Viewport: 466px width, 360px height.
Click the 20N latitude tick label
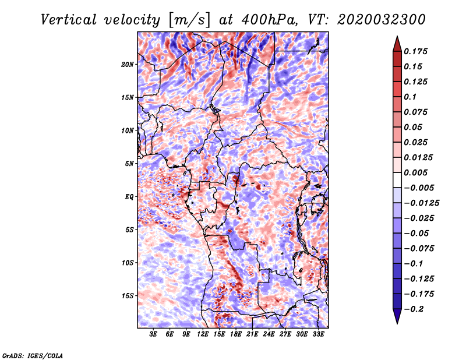click(128, 64)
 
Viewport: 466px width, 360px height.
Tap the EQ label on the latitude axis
click(129, 197)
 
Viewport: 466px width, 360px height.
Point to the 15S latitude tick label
click(128, 296)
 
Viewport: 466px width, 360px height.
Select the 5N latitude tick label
click(129, 164)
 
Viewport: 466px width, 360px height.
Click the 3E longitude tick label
click(153, 334)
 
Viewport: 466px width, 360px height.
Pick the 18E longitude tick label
click(236, 334)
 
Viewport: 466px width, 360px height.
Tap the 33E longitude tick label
click(318, 334)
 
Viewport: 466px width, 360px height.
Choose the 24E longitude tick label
click(269, 334)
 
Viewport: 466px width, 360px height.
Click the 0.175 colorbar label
click(415, 51)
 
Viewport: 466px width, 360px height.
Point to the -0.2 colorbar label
click(414, 309)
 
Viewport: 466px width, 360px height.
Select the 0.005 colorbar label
click(415, 172)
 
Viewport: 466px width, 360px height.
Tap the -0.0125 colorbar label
click(421, 203)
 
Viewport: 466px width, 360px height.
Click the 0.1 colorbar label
click(410, 97)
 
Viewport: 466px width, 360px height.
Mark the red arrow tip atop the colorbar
click(397, 36)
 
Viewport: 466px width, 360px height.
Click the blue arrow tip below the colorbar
click(397, 323)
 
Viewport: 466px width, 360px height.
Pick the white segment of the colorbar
click(397, 180)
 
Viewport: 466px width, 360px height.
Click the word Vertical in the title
click(69, 20)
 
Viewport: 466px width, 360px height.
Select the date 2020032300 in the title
click(382, 20)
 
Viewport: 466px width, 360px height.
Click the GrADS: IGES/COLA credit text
click(33, 355)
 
